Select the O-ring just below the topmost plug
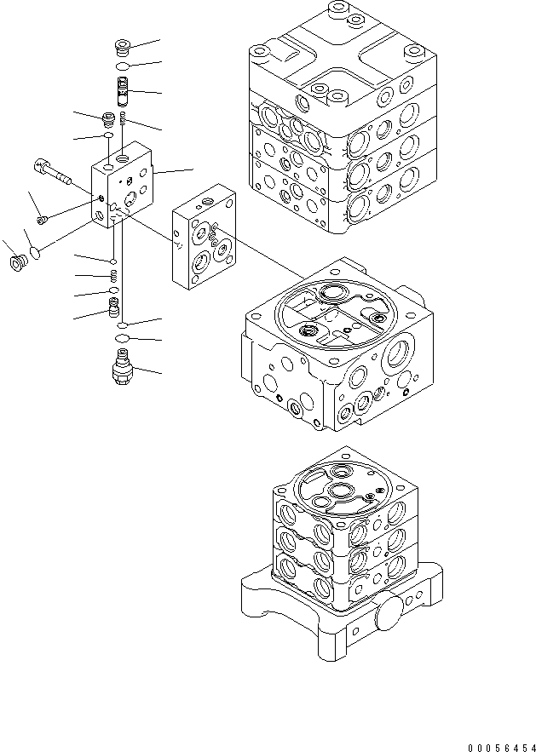click(123, 66)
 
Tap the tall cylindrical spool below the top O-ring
click(123, 89)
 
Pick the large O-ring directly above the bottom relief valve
click(123, 341)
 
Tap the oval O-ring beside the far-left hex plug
click(35, 252)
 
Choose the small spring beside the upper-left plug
click(124, 118)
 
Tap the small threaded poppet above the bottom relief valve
click(113, 305)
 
